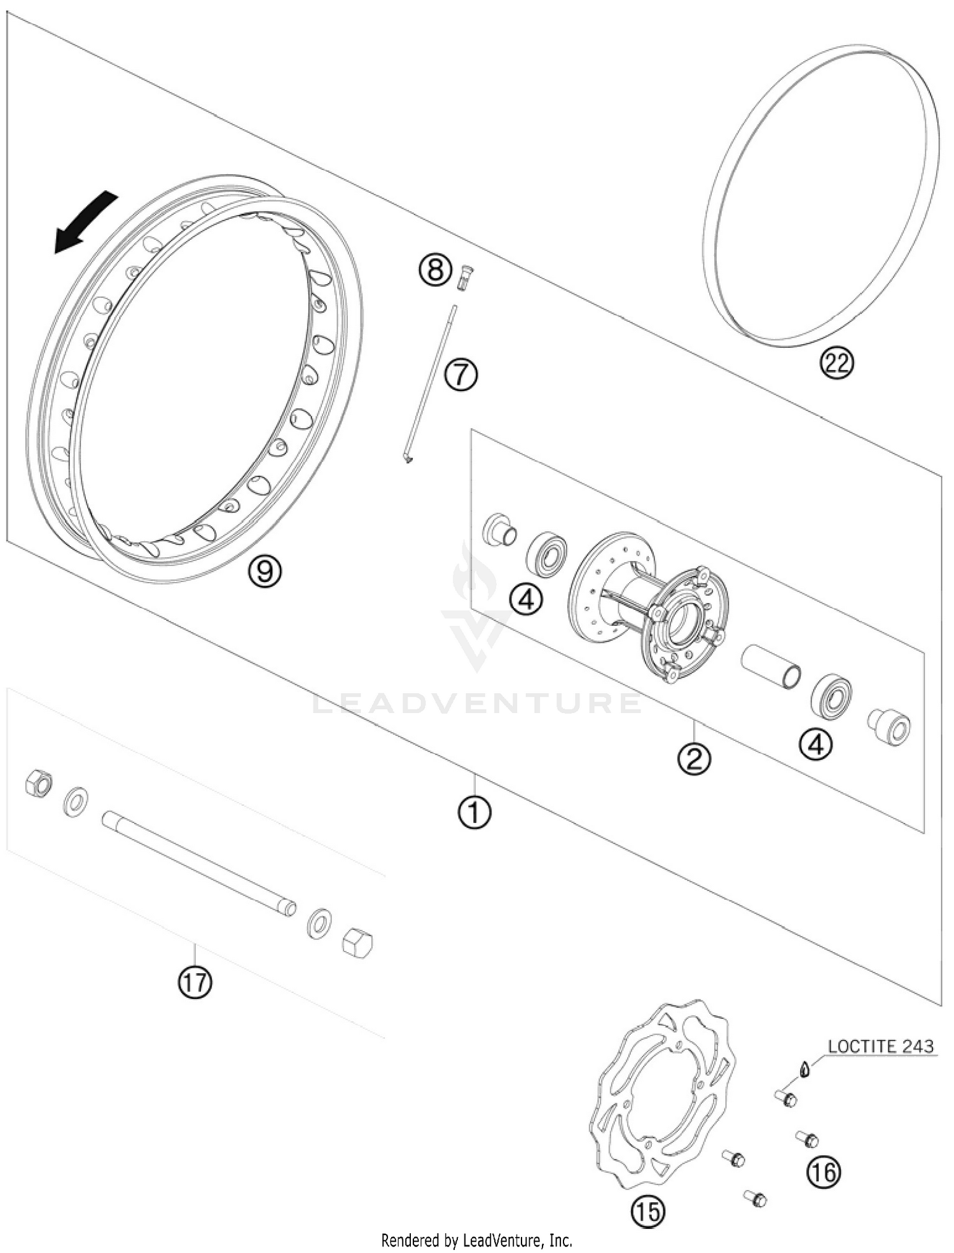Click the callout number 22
point(836,363)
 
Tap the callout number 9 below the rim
point(265,571)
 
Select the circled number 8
point(434,270)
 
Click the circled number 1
point(474,812)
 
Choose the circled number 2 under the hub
point(694,758)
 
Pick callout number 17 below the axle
point(195,983)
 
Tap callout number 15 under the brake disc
point(647,1212)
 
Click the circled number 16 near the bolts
point(824,1172)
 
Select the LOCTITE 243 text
point(881,1046)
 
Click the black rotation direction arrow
point(84,223)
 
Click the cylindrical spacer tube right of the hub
point(771,665)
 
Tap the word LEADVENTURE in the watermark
point(477,703)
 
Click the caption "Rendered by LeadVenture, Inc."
point(476,1240)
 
